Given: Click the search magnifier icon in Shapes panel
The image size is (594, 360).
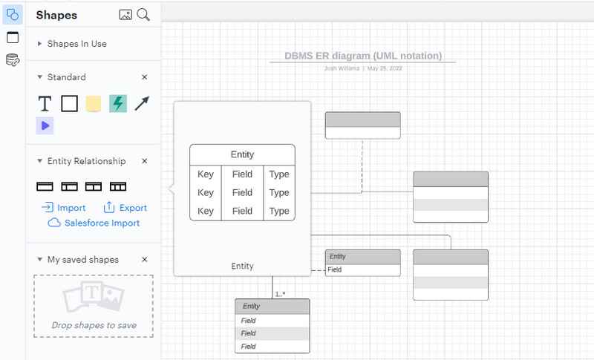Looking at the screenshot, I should click(144, 15).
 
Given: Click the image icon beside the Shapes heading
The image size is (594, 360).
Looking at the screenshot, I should click(125, 15).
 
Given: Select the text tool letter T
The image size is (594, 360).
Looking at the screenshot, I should click(45, 104).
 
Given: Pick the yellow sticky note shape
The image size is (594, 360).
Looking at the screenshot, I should click(93, 104).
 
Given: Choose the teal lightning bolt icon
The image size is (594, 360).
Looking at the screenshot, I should click(117, 104).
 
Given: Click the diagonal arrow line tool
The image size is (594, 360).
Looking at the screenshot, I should click(142, 104).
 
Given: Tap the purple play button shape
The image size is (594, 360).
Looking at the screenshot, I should click(45, 126).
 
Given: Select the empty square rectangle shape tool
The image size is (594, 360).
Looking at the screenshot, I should click(69, 104).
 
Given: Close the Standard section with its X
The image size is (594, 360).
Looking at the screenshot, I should click(145, 77).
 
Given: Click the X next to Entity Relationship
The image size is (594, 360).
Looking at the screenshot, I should click(145, 161).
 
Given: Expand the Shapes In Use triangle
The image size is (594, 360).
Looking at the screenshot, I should click(39, 44).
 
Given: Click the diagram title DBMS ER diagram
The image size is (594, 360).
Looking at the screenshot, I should click(362, 56).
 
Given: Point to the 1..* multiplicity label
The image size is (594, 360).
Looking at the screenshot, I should click(281, 294).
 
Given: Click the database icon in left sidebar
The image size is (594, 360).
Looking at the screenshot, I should click(13, 60).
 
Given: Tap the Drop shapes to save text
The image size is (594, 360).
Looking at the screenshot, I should click(93, 325).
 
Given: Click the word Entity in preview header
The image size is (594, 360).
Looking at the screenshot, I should click(242, 154).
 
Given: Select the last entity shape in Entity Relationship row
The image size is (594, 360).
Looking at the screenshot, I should click(118, 186).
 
